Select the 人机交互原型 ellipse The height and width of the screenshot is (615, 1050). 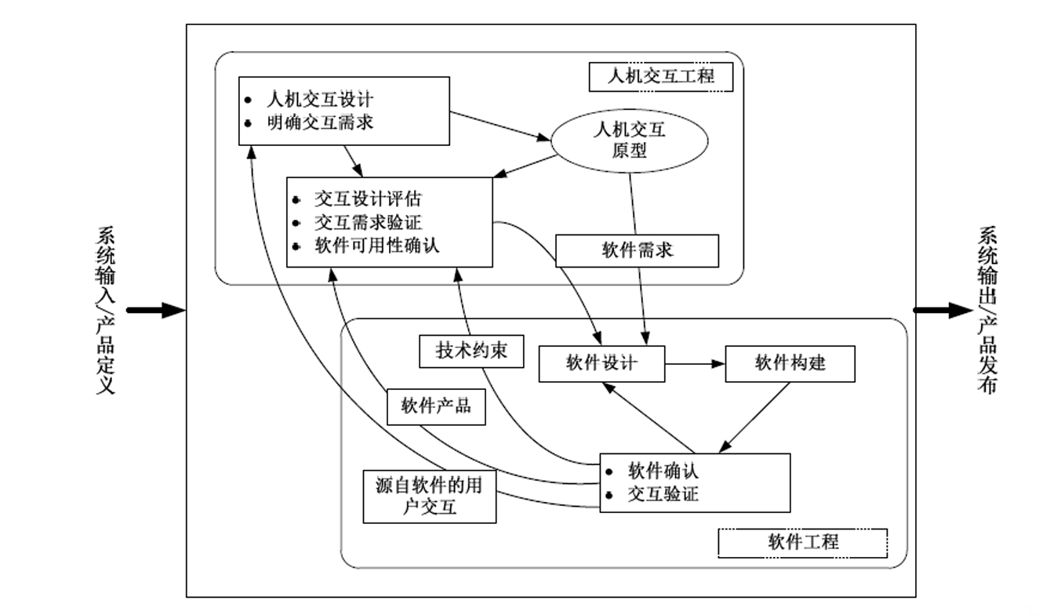(630, 139)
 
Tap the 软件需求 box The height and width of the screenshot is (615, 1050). (637, 250)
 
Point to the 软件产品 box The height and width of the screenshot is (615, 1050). (436, 406)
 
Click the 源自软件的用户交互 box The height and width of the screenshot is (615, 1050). (430, 497)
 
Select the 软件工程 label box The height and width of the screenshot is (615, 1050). (803, 542)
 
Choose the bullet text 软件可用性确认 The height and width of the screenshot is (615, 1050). (376, 246)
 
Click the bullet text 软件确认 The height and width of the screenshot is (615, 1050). (663, 471)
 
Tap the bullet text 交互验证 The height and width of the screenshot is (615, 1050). (663, 494)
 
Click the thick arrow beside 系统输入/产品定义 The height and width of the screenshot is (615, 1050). (155, 311)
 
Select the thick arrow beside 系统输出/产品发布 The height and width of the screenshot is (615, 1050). (942, 310)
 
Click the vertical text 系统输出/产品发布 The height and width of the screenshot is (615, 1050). (987, 311)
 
